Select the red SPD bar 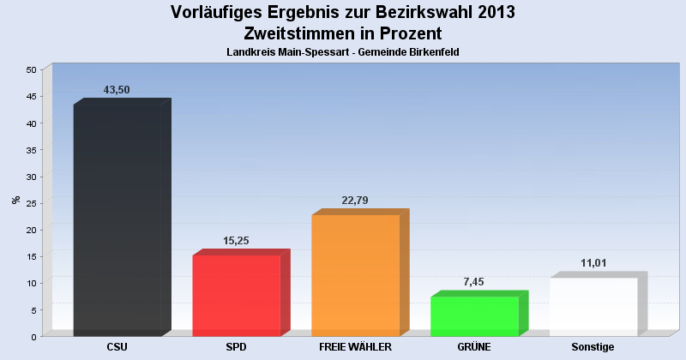[237, 295]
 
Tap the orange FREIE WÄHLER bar [355, 275]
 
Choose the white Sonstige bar [593, 306]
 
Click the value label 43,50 [117, 90]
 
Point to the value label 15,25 [236, 241]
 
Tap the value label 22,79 [355, 201]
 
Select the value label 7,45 [474, 282]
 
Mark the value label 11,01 [593, 263]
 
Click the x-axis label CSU [117, 347]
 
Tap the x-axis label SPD [236, 347]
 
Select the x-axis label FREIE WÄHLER [355, 347]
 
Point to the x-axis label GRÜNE [474, 347]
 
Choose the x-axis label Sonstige [593, 347]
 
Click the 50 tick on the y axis [31, 69]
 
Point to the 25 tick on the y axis [31, 203]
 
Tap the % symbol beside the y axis [15, 200]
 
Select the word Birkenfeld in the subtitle [434, 52]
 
